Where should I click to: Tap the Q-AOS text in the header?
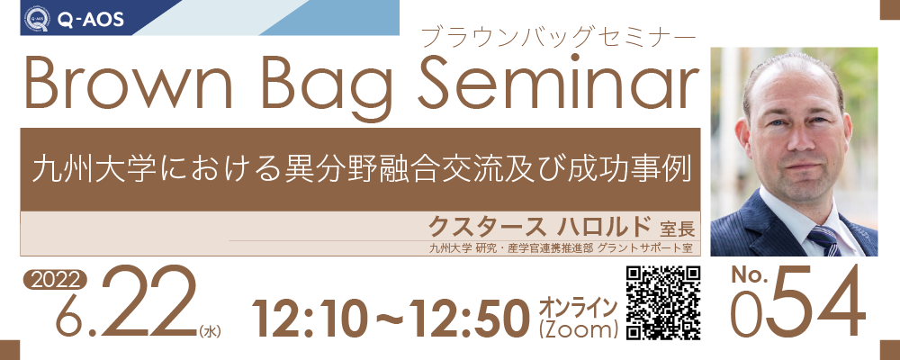(89, 20)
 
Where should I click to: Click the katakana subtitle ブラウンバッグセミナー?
(559, 37)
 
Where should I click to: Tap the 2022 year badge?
(55, 281)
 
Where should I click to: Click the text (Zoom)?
(579, 330)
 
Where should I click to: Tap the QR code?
(663, 302)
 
